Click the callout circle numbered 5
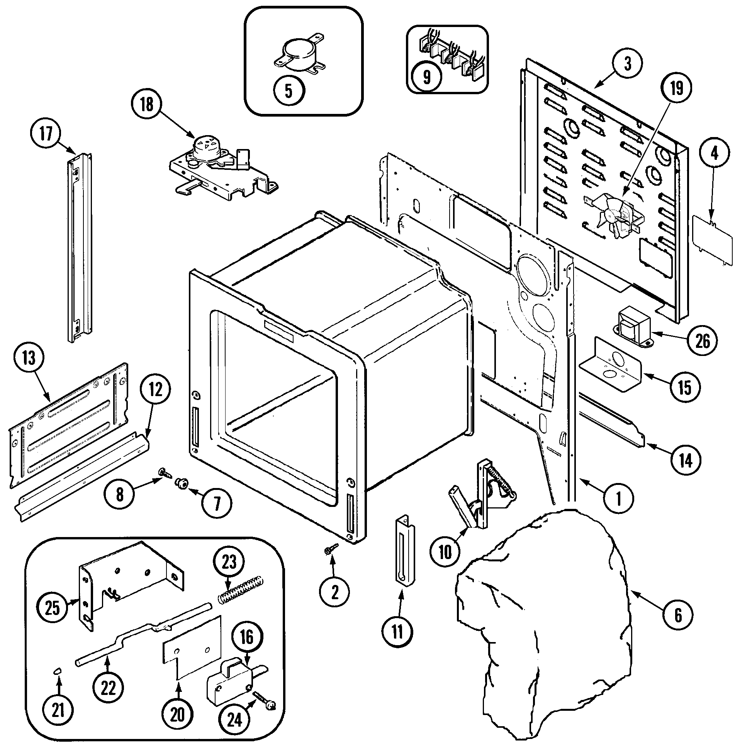pyautogui.click(x=289, y=91)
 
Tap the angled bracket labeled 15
pyautogui.click(x=610, y=367)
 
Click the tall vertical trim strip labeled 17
pyautogui.click(x=80, y=247)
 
